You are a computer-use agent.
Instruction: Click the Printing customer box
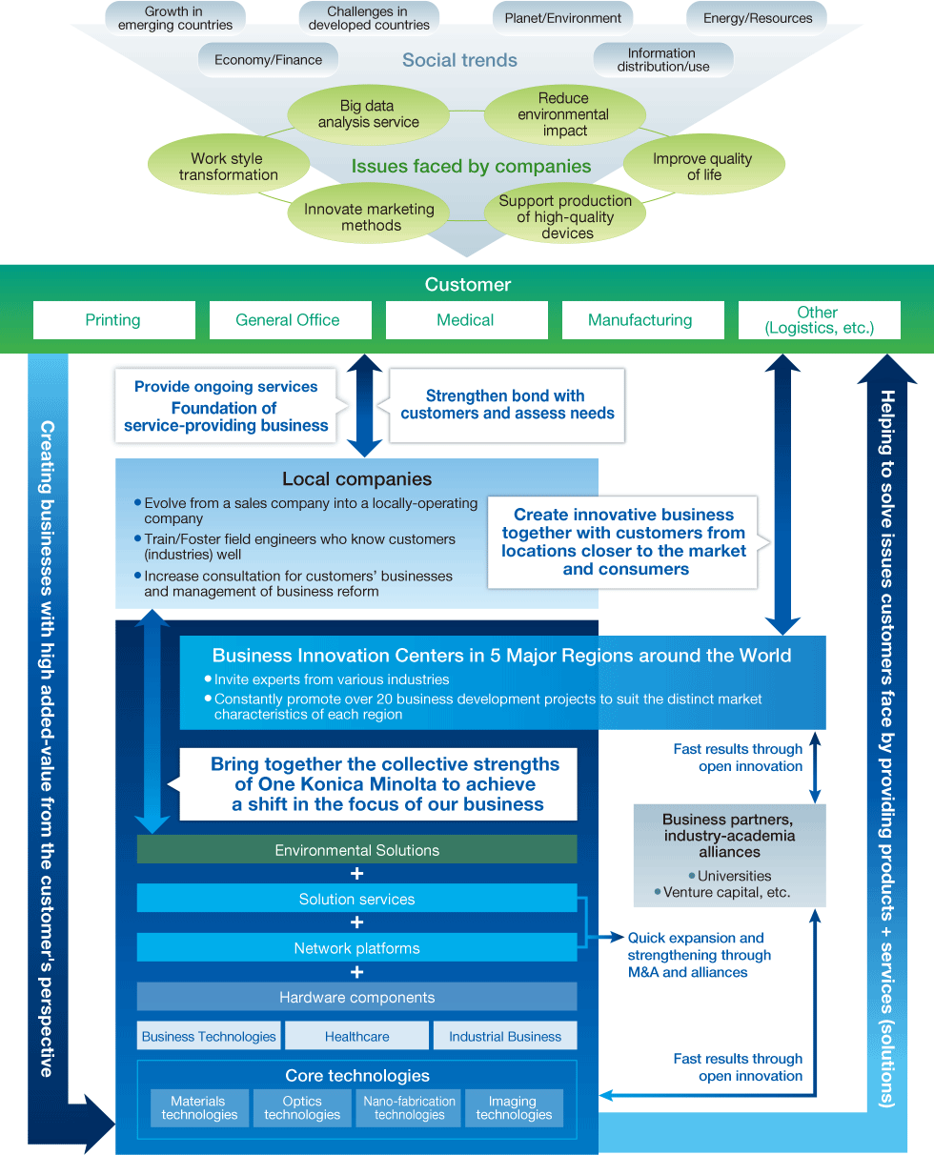113,320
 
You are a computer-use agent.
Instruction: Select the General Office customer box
288,320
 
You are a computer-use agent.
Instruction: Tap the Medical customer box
465,320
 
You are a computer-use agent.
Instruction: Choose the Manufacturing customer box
640,320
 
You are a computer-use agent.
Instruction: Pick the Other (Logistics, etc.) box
818,320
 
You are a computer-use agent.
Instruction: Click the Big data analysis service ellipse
369,114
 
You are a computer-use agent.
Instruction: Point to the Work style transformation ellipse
229,167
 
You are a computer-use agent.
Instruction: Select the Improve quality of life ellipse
703,167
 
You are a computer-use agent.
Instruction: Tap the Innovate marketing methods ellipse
369,216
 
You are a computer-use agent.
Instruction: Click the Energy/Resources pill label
757,18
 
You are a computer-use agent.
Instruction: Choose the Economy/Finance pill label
268,59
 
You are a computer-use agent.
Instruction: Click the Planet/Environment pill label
562,18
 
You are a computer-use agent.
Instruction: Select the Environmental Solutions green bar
356,850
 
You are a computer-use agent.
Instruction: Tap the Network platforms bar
356,948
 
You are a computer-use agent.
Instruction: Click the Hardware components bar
356,997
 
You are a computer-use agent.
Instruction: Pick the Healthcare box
356,1036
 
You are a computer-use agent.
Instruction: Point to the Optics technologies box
303,1107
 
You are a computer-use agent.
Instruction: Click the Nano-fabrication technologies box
410,1107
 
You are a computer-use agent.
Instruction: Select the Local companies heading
356,479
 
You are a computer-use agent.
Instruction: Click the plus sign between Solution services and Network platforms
356,923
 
